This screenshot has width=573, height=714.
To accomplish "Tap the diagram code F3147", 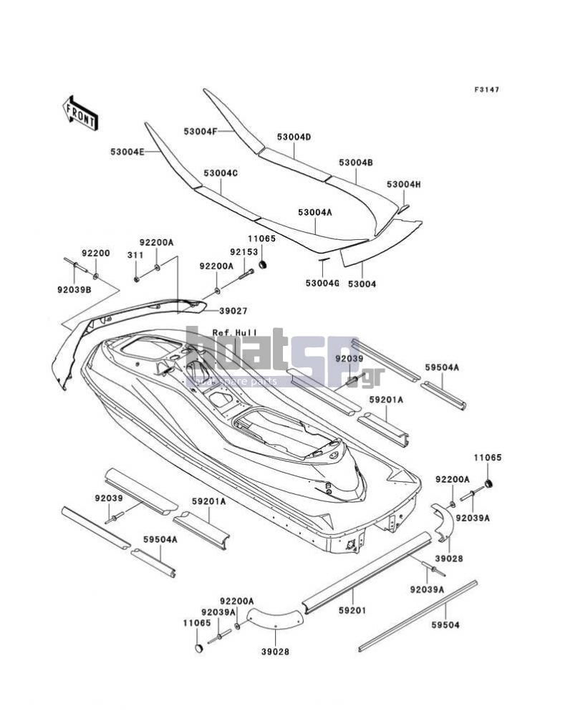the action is [486, 90].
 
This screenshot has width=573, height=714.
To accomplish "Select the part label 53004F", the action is [200, 131].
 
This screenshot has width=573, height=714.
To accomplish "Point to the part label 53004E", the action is [127, 152].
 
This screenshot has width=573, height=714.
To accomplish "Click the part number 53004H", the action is [403, 184].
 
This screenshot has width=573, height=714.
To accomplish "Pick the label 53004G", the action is [322, 283].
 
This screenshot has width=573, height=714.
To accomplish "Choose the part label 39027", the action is [233, 311].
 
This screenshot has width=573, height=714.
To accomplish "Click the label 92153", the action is [244, 251].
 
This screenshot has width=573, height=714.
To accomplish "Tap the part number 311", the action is [135, 255].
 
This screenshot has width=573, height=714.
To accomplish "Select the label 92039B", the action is [74, 288].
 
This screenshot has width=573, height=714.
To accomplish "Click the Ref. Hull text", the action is [235, 333].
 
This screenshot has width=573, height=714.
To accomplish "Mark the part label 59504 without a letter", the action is [446, 624].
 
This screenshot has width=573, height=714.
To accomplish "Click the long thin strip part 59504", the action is [418, 615].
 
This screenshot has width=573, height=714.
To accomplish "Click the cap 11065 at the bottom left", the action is [198, 648].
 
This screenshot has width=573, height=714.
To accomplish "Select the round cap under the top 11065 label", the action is [262, 265].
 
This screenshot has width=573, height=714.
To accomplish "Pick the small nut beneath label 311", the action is [136, 279].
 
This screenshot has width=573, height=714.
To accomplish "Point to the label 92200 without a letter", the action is [96, 254].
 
